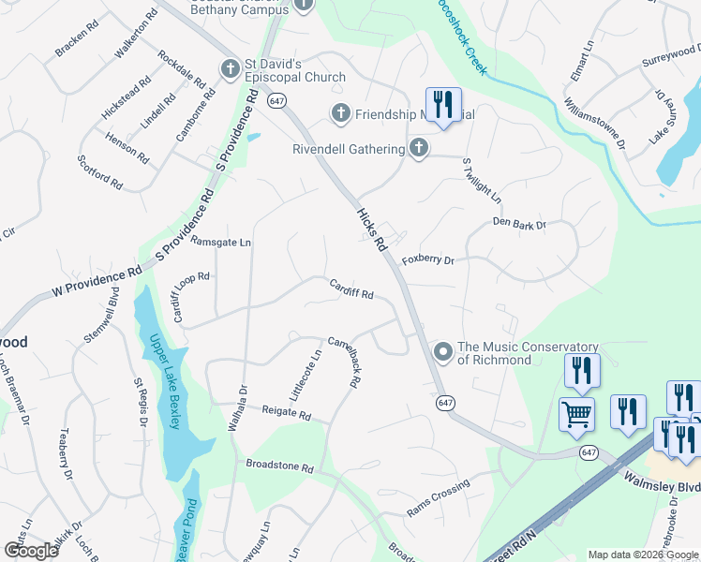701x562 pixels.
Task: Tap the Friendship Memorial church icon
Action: click(339, 114)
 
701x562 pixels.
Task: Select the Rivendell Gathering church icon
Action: click(419, 148)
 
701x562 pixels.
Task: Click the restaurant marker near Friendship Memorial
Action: click(440, 105)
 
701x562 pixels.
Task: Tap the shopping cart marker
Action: click(576, 414)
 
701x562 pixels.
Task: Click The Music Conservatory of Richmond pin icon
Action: click(442, 353)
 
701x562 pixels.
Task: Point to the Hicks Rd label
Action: click(371, 229)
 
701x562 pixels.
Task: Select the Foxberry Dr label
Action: click(427, 260)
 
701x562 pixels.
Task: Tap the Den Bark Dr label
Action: click(519, 224)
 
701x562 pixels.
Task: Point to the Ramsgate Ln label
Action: click(221, 242)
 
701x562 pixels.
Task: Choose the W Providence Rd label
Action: click(97, 280)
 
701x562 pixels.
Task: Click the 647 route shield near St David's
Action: click(276, 99)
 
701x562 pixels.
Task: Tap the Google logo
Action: click(31, 550)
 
